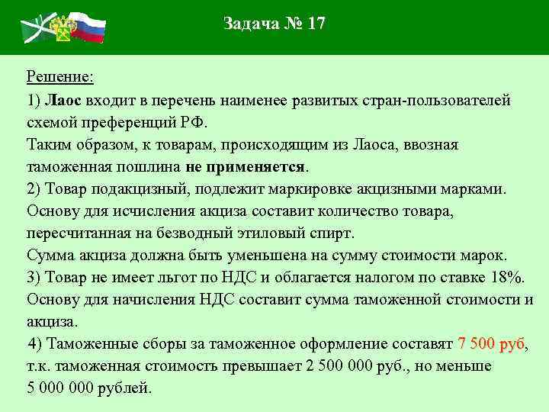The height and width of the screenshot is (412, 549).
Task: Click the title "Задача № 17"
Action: [274, 24]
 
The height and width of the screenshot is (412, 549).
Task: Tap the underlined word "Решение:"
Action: [59, 77]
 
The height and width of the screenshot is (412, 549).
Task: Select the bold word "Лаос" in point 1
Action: [63, 100]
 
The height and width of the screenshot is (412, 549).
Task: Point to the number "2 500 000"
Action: [338, 365]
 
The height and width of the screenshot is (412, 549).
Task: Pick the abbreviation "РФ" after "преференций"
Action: [192, 122]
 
